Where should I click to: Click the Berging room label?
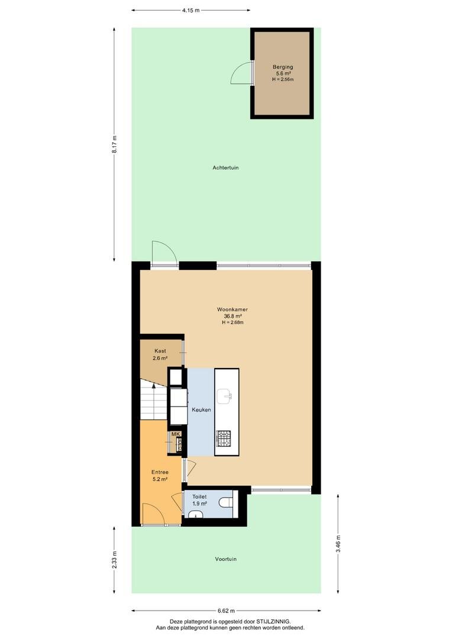pos(283,67)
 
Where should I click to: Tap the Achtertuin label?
pos(225,167)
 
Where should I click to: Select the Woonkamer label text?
pos(233,309)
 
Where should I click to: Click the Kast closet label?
pos(160,351)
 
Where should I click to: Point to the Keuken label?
pos(201,409)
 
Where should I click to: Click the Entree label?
pos(160,472)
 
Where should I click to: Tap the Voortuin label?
pos(226,559)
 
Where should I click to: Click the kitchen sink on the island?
pos(224,396)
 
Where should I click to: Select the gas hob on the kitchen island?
pos(224,438)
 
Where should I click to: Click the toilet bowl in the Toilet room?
pos(225,502)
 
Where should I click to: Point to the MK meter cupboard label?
pos(176,434)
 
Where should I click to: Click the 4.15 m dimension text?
pos(191,10)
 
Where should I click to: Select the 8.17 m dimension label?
pos(115,144)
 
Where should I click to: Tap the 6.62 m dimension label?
pos(226,611)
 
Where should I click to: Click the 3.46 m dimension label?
pos(338,544)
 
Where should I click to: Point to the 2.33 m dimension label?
pos(115,560)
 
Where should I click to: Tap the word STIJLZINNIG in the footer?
pos(273,621)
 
